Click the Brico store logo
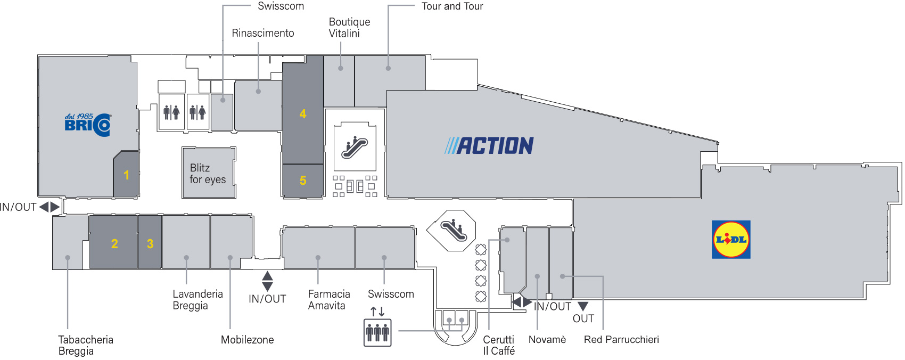88,125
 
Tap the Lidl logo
731,240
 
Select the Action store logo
489,145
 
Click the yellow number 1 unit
126,175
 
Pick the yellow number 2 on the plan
114,244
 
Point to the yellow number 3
150,244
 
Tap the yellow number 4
303,114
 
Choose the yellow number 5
303,181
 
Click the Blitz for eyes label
208,174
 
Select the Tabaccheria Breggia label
85,345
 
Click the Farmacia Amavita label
328,300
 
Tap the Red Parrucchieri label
621,340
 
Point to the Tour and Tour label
452,6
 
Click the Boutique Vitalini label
349,28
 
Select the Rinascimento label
262,33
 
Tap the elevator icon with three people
377,332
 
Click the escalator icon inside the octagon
451,230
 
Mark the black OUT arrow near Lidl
583,306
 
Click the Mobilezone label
247,340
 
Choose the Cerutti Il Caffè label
498,345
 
